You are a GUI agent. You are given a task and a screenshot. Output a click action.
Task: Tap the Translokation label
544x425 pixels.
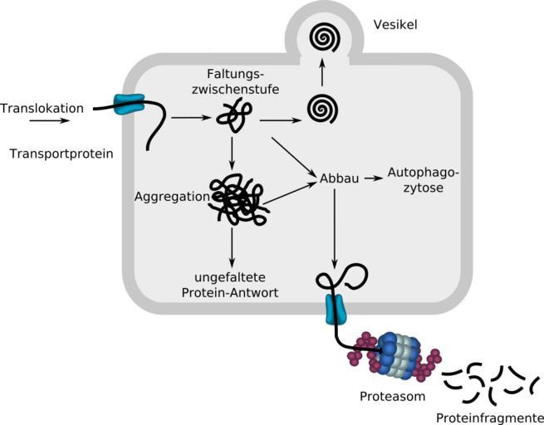tap(42, 108)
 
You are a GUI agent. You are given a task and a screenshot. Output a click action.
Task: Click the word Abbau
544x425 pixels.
tap(339, 178)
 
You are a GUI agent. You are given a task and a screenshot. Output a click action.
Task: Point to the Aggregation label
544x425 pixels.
tap(169, 197)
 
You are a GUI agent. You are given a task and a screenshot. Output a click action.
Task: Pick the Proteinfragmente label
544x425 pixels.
tap(490, 418)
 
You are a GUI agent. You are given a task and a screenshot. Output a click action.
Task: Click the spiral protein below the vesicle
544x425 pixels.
tap(321, 109)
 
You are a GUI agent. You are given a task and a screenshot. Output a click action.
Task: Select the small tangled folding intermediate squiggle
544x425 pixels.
tap(233, 115)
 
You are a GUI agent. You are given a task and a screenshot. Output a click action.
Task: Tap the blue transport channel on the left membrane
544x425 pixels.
tap(129, 105)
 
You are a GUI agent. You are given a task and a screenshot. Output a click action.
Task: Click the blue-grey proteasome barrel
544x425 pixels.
tap(398, 353)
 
